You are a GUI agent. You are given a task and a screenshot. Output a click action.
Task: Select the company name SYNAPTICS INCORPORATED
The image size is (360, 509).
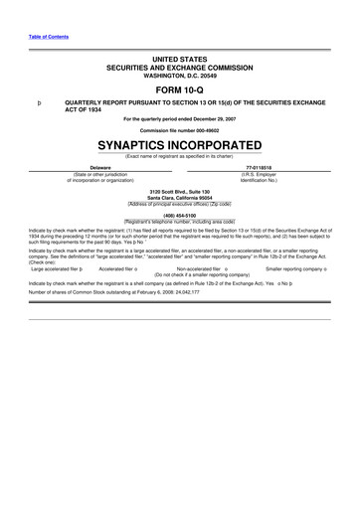point(179,143)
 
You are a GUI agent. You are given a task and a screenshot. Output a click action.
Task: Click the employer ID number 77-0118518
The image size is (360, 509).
point(257,168)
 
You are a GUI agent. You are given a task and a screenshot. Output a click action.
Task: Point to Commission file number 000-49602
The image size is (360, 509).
point(179,129)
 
